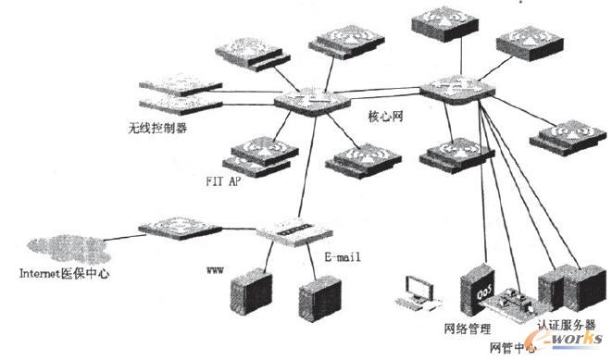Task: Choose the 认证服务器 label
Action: point(567,327)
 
